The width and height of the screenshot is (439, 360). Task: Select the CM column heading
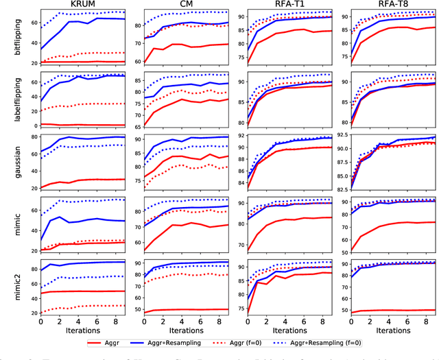[x=184, y=5]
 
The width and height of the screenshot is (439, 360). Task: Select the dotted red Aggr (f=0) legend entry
[x=270, y=341]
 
